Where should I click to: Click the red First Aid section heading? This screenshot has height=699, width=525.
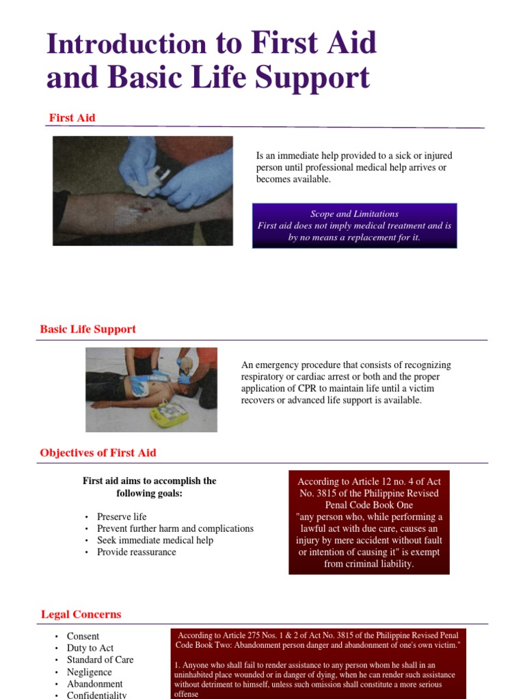coord(72,118)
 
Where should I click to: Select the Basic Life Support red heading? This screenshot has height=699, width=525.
coord(87,329)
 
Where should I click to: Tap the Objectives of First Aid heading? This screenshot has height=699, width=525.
coord(98,453)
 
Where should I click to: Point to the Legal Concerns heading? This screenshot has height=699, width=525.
coord(81,614)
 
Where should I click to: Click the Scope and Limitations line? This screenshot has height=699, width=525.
coord(354,214)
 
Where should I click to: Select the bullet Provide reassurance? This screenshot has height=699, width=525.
coord(136,552)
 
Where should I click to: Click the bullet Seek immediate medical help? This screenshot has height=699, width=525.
coord(154,540)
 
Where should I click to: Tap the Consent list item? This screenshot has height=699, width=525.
coord(83,636)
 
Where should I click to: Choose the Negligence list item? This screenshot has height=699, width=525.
coord(89,672)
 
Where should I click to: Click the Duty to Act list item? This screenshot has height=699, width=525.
coord(90,648)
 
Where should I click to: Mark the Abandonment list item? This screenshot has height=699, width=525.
coord(94,683)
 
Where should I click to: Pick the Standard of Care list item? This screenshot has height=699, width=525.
coord(100,659)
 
